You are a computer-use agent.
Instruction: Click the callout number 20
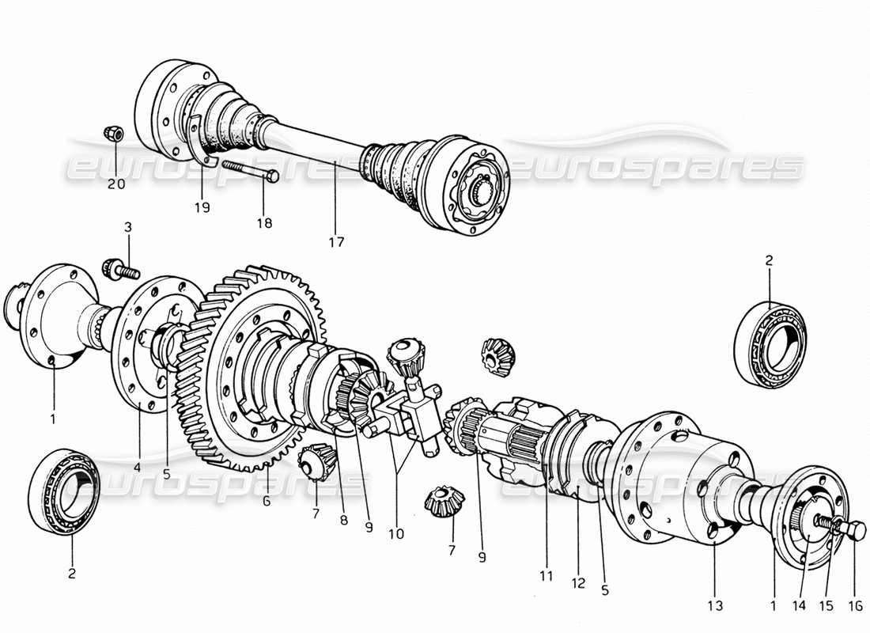116,184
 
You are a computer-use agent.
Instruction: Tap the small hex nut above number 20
113,135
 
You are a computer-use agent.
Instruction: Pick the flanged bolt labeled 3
119,270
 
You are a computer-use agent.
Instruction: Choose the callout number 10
396,534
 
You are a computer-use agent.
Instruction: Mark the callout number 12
578,584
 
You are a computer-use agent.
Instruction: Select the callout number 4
138,468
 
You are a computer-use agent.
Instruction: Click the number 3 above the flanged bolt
128,228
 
